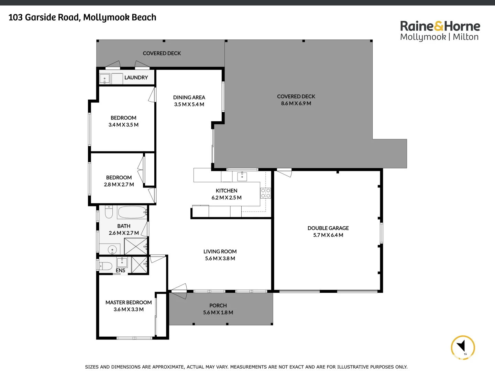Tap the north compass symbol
coord(463,347)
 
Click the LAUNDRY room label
coord(136,78)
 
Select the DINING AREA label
coord(189,98)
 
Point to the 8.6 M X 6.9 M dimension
coord(296,103)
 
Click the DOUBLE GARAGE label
coord(328,228)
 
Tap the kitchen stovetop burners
coord(265,193)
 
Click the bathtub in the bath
coord(132,212)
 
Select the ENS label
coord(120,271)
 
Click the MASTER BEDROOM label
coord(129,303)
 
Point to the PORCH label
coord(218,306)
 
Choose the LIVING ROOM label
coord(220,252)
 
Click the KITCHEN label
coord(227,191)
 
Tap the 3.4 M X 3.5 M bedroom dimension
coord(123,125)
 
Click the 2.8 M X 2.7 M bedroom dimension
coord(119,185)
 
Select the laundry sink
coord(104,79)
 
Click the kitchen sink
coord(242,177)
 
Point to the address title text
coord(82,18)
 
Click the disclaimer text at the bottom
coord(246,367)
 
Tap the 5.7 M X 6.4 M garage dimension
coord(328,235)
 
